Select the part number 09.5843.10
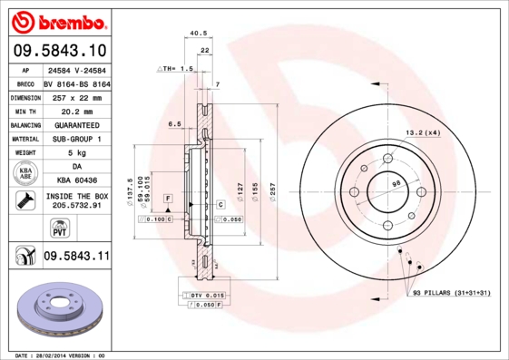coord(59,50)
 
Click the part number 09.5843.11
coord(75,258)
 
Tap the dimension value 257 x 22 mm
coord(74,96)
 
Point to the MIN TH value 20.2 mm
coord(75,110)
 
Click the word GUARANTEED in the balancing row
coord(75,124)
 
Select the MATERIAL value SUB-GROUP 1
coord(75,139)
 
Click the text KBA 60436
coord(75,180)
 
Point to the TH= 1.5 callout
coord(176,69)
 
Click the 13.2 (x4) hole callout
coord(422,132)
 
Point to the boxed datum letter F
coord(168,198)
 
